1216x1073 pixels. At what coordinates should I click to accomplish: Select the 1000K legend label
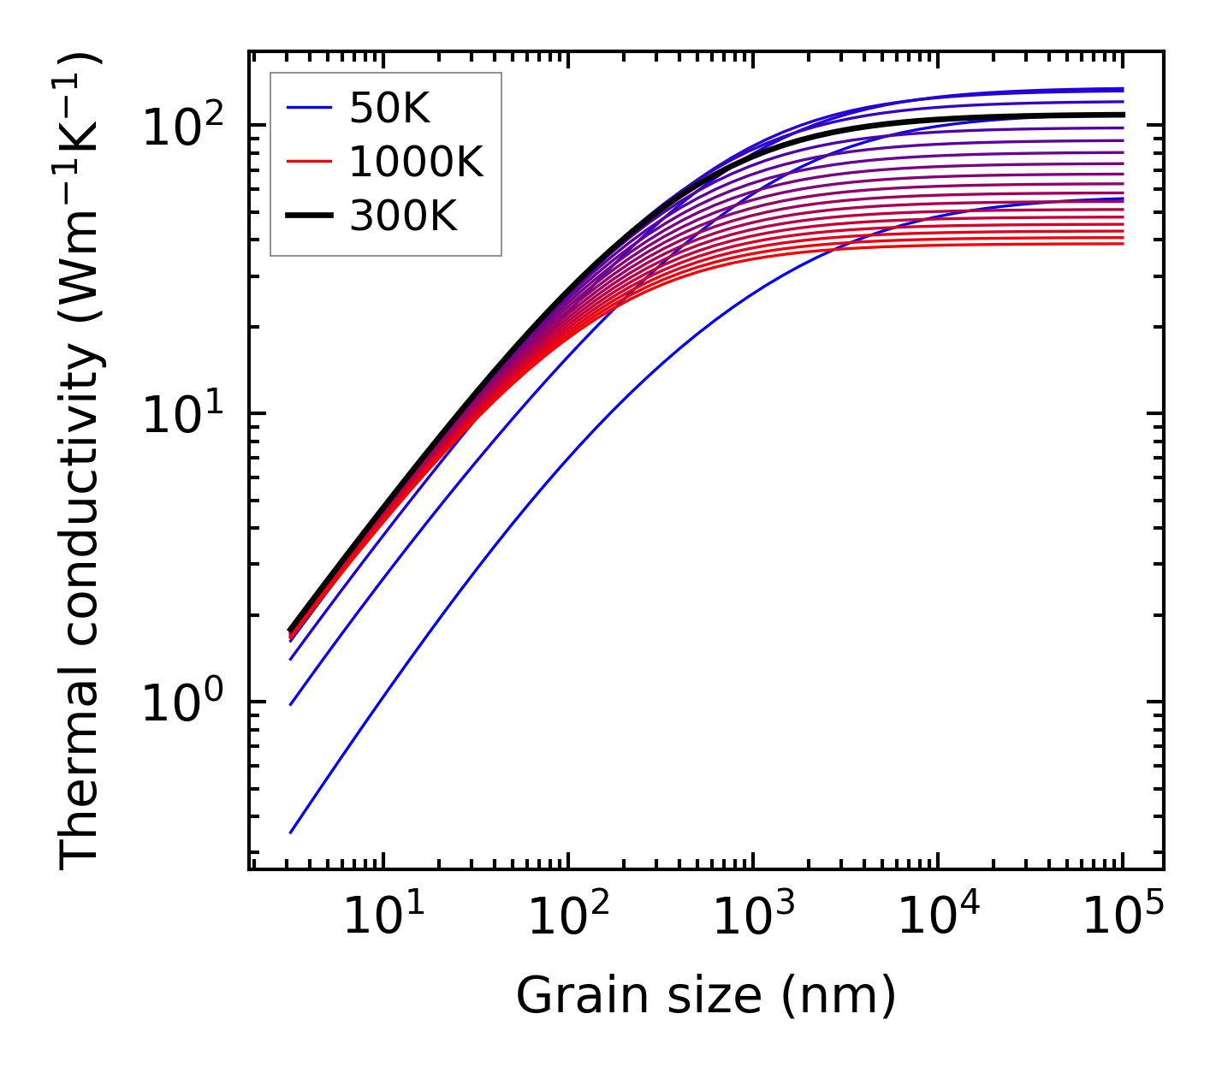(416, 162)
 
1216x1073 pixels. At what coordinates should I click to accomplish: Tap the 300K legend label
(403, 216)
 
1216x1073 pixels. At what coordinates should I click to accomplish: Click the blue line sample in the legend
(308, 108)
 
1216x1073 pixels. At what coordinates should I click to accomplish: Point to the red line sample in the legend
(308, 162)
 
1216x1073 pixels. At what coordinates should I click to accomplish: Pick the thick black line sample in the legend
(308, 216)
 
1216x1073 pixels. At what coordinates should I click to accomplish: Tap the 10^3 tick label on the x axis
(752, 918)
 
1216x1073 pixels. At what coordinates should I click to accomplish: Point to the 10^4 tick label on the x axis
(938, 918)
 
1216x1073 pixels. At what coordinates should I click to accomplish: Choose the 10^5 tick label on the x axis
(1123, 918)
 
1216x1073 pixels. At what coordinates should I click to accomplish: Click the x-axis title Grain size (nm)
(706, 995)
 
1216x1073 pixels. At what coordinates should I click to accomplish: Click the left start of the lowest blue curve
(291, 833)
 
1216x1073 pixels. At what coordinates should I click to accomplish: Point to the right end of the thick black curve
(1123, 115)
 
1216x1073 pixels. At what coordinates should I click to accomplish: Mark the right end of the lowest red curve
(1123, 244)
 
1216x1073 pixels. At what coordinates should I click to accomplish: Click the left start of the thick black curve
(291, 631)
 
